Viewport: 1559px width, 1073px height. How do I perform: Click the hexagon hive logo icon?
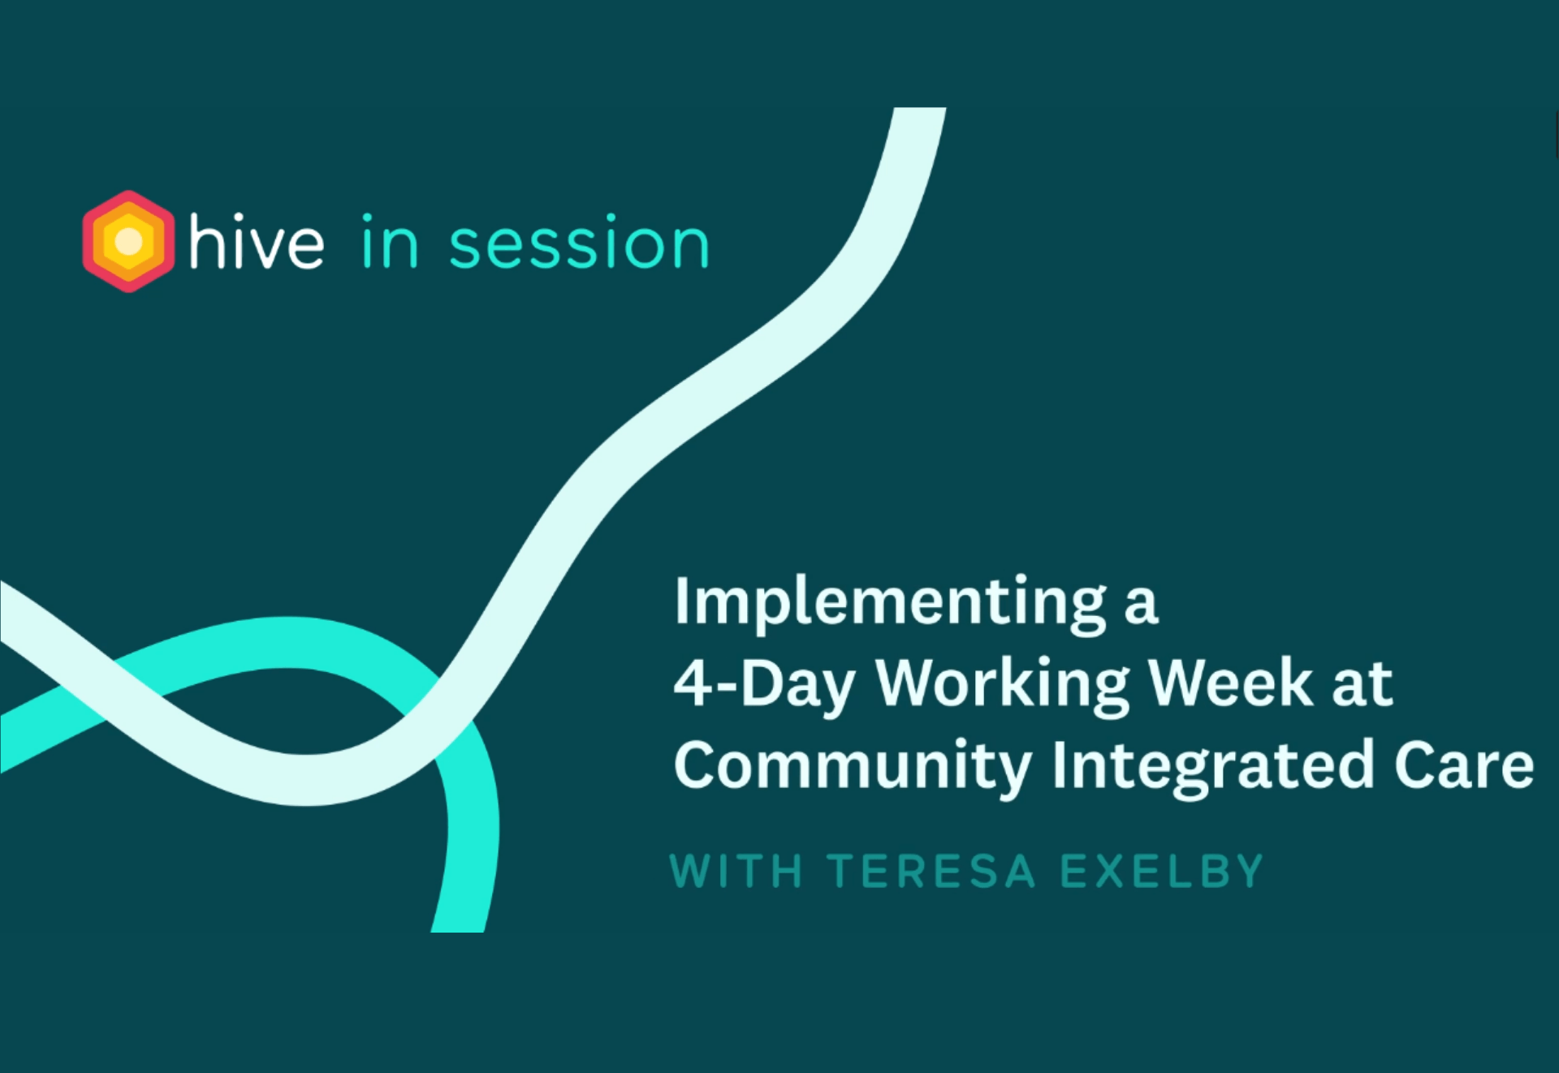[128, 241]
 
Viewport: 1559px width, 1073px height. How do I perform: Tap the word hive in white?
[257, 240]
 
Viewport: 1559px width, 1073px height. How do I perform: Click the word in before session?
[390, 241]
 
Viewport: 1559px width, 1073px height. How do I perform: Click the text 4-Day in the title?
[764, 685]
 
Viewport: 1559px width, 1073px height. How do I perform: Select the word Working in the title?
[1003, 685]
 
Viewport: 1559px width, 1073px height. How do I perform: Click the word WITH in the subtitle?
[736, 872]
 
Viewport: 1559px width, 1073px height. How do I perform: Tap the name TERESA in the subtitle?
[932, 872]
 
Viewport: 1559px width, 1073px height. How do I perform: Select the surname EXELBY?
[1163, 872]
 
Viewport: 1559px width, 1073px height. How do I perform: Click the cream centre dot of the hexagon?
[128, 241]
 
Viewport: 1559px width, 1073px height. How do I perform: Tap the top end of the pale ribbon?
[920, 109]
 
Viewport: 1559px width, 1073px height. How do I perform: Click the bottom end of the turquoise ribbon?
[458, 930]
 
